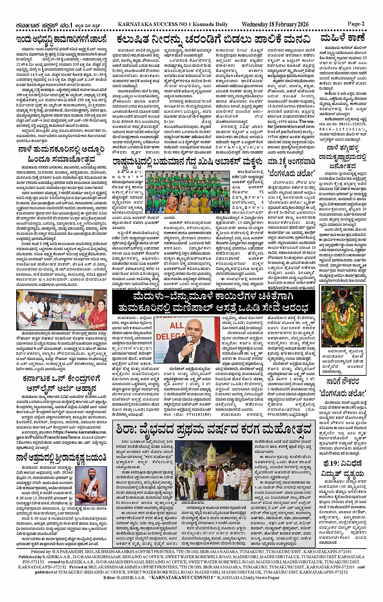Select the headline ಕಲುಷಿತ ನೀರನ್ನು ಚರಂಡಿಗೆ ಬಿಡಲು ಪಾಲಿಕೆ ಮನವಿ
point(213,40)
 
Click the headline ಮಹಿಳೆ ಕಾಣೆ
point(342,39)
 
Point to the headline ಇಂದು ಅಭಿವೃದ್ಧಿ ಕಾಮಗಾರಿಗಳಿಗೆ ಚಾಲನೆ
point(61,40)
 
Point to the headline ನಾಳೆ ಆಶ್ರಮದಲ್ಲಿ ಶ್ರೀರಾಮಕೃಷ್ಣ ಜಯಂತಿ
point(61,458)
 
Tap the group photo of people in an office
point(61,309)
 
